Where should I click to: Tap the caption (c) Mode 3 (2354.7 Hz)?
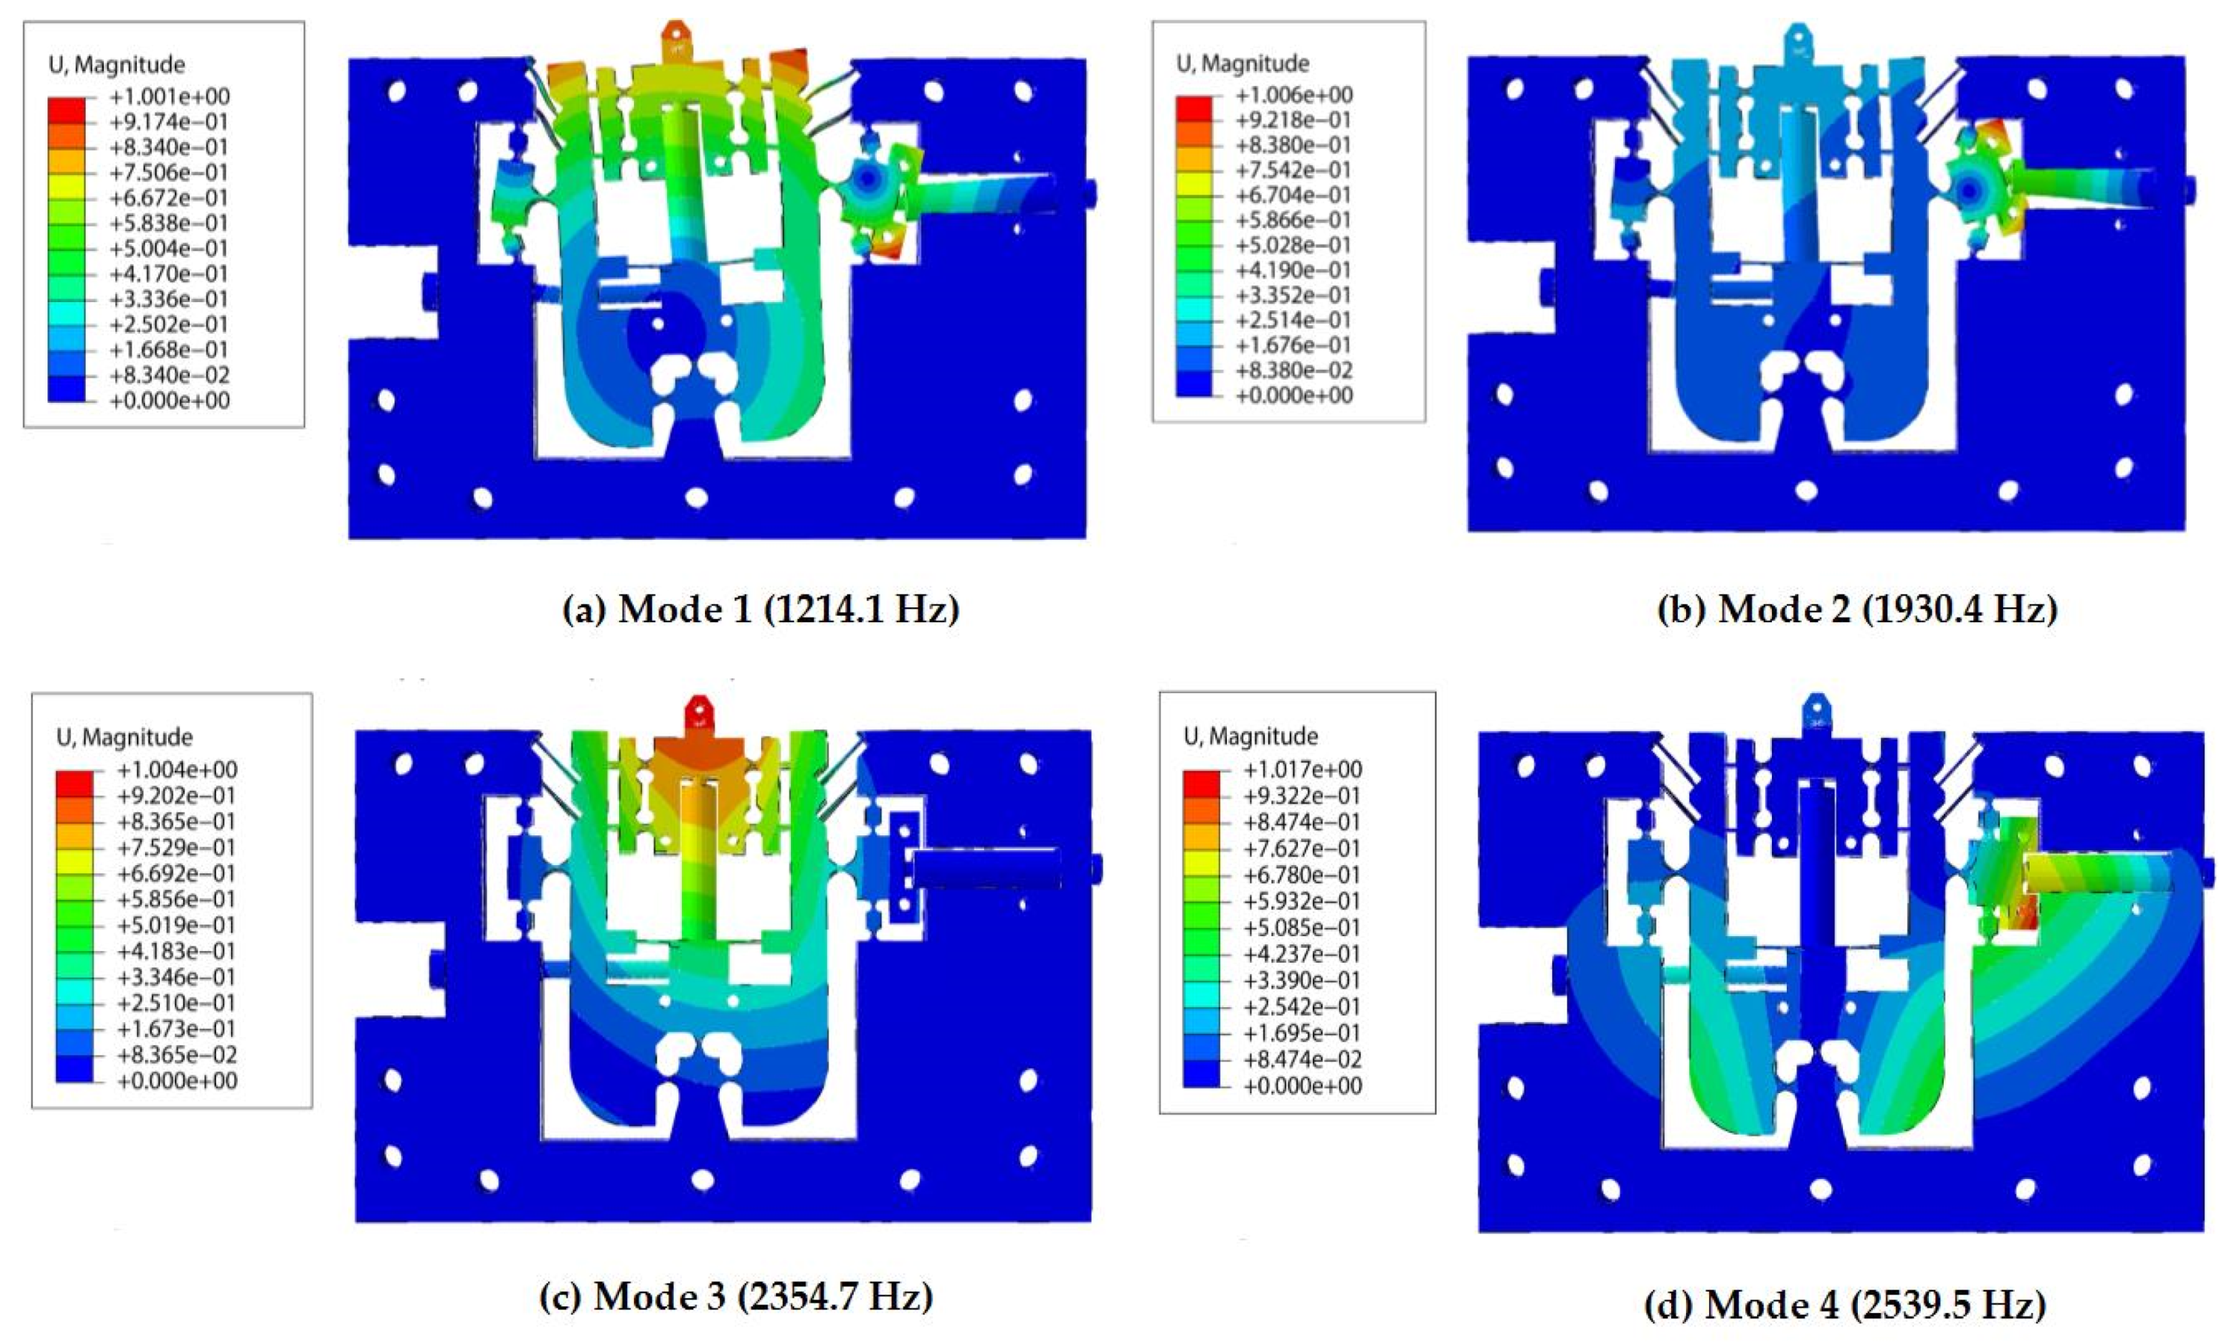coord(736,1297)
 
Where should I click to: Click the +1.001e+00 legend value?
coord(169,96)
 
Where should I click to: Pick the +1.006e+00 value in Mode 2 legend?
coord(1294,95)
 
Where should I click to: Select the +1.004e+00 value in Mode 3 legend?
coord(177,770)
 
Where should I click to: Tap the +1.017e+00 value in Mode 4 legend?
coord(1302,770)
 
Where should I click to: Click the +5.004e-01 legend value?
coord(169,248)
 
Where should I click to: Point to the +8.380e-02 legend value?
coord(1294,370)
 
